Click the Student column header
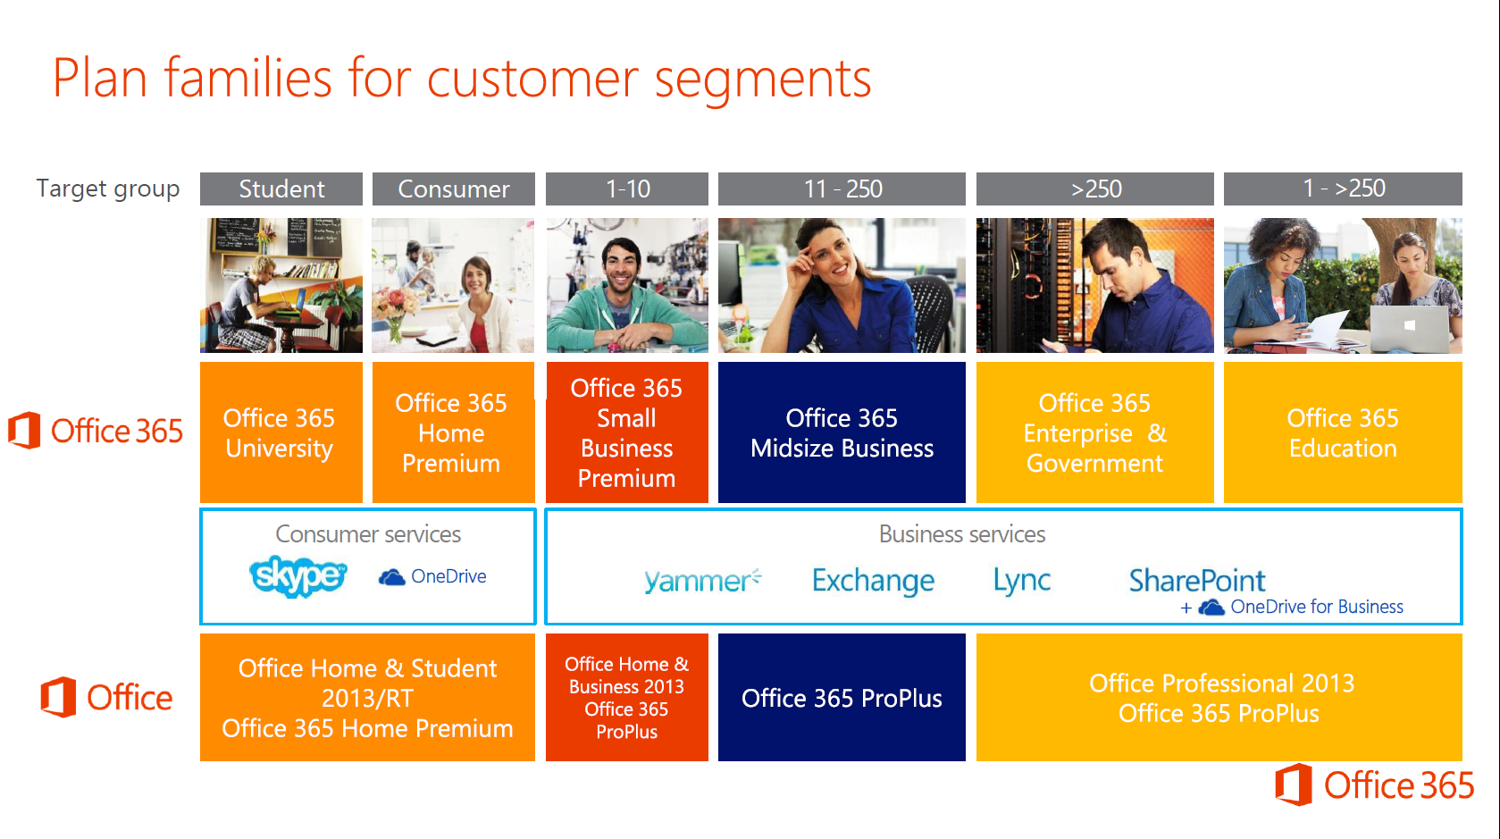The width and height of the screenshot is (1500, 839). (x=281, y=189)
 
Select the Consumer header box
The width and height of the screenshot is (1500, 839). (x=453, y=189)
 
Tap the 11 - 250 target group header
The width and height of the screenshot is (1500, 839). (x=842, y=189)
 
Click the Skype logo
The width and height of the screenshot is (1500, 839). (x=298, y=575)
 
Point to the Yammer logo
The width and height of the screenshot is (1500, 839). (x=702, y=581)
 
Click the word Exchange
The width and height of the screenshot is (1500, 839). (x=873, y=581)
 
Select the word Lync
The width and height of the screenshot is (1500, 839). (x=1022, y=581)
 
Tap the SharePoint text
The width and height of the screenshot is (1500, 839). (x=1197, y=580)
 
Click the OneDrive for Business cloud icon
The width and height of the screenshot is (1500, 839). (x=1211, y=608)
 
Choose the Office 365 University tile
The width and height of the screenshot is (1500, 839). (x=281, y=432)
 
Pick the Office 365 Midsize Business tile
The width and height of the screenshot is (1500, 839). (x=842, y=432)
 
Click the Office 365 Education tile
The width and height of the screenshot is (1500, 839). (x=1343, y=432)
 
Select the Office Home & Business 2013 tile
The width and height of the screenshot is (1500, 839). (x=627, y=697)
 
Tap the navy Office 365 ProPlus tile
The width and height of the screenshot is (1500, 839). (x=842, y=697)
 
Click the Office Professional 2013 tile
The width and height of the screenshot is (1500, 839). (x=1219, y=697)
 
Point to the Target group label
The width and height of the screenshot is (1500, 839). (x=108, y=189)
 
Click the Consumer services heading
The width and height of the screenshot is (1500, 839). (x=368, y=534)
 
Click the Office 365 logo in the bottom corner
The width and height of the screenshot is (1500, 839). (x=1374, y=784)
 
